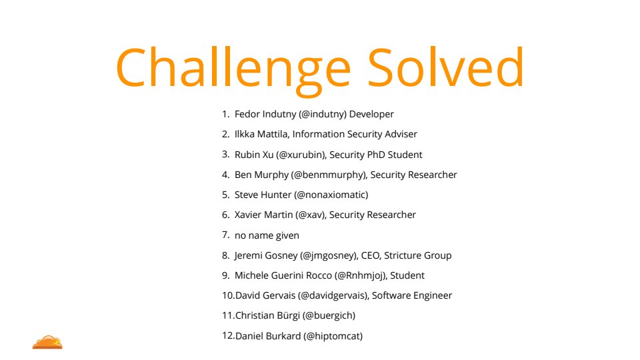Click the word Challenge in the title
tap(233, 70)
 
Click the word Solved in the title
tap(446, 67)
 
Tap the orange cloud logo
tap(47, 342)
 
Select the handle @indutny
tap(323, 114)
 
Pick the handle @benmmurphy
tap(329, 175)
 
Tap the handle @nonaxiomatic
tap(331, 195)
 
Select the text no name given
tap(267, 235)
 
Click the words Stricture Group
tap(418, 255)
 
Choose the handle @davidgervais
tap(333, 295)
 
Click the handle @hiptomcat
tap(333, 336)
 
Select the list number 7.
tap(226, 235)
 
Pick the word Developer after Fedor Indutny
tap(371, 114)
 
